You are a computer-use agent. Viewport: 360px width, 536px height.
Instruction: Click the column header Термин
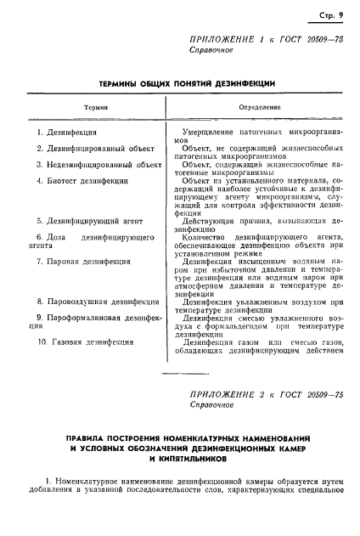click(95, 107)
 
